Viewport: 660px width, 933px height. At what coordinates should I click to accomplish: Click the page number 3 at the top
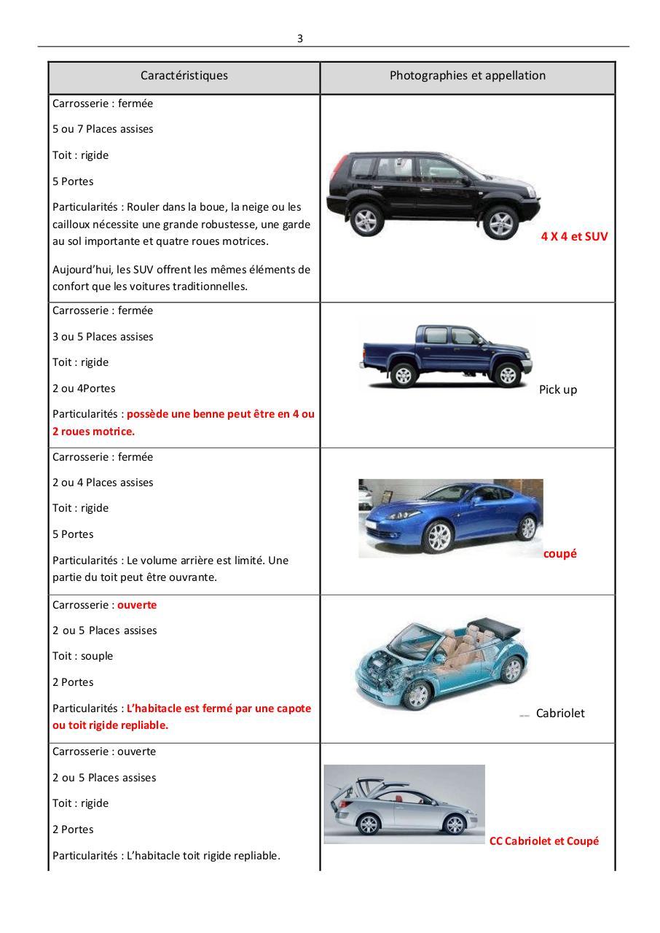click(x=299, y=39)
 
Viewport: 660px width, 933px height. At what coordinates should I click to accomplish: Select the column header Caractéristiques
click(x=184, y=76)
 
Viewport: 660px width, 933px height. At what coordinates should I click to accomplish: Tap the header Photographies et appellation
click(x=467, y=76)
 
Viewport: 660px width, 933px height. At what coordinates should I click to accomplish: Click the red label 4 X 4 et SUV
click(x=574, y=237)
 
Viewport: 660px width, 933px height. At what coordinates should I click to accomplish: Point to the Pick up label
click(x=557, y=390)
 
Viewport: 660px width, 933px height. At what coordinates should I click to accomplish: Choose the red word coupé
click(x=559, y=554)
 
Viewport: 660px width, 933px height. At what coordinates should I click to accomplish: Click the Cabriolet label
click(x=559, y=714)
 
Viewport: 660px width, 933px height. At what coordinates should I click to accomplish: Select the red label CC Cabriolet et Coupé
click(x=543, y=841)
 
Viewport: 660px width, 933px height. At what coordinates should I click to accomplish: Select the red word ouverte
click(x=137, y=605)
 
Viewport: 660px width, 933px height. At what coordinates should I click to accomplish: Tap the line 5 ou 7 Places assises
click(x=103, y=129)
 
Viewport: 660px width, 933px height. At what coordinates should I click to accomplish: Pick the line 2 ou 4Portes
click(x=84, y=389)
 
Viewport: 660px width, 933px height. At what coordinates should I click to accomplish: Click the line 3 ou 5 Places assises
click(x=103, y=337)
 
